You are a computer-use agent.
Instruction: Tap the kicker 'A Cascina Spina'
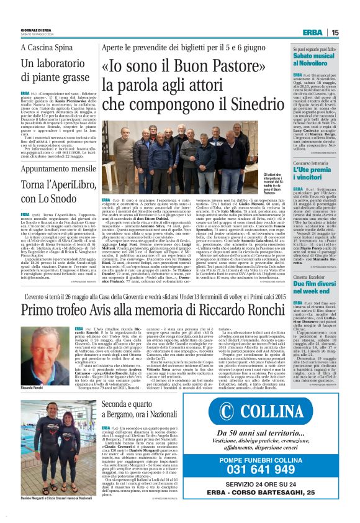(x=42, y=48)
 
